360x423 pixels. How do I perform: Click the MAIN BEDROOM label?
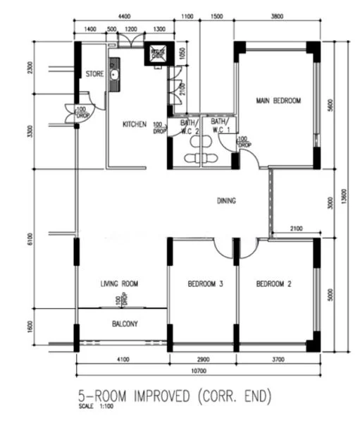click(x=278, y=101)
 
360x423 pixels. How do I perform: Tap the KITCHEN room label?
click(x=135, y=124)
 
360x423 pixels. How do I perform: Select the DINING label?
click(x=226, y=201)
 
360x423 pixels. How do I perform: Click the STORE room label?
click(x=94, y=73)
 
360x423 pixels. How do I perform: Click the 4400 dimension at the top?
click(x=125, y=16)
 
